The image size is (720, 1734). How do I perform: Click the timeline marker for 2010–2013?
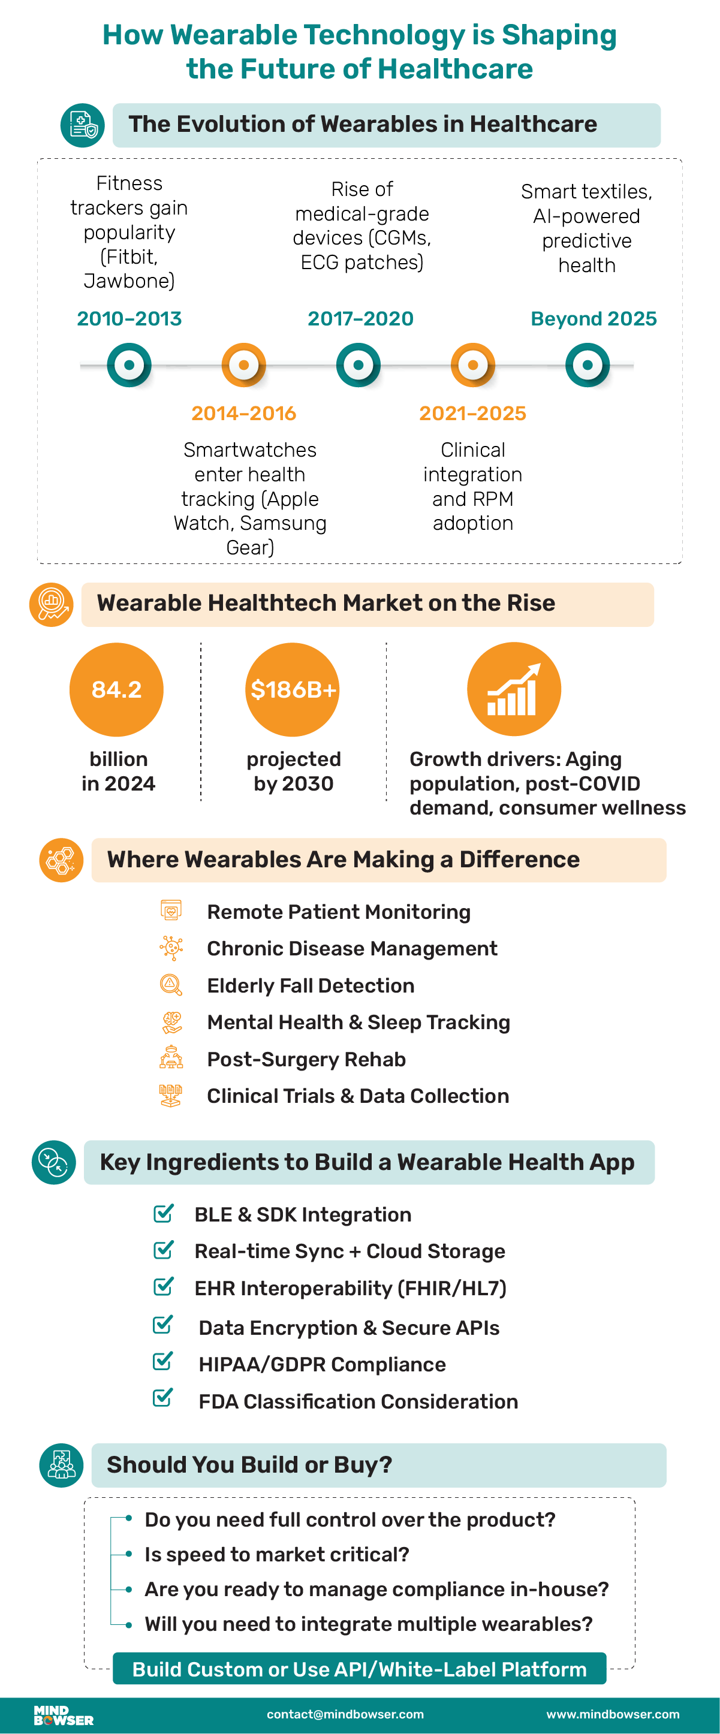[x=129, y=365]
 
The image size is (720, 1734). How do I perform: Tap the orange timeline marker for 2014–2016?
[x=244, y=365]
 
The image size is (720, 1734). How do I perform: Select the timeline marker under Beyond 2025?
[x=588, y=365]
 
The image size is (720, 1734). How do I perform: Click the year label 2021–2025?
[x=472, y=414]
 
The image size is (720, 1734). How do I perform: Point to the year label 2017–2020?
[x=360, y=318]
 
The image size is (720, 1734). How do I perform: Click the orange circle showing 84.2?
[x=116, y=689]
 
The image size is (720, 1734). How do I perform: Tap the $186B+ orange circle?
[x=293, y=689]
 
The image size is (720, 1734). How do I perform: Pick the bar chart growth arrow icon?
[x=514, y=689]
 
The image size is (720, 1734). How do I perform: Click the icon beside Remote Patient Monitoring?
[x=171, y=910]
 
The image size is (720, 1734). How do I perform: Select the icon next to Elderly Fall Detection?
[x=171, y=985]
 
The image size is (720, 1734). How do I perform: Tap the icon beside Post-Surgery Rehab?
[x=171, y=1058]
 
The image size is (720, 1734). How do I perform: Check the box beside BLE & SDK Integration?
[x=163, y=1213]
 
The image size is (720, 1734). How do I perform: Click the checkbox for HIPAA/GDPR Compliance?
[x=162, y=1361]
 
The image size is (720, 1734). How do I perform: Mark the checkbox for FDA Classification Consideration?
[x=162, y=1398]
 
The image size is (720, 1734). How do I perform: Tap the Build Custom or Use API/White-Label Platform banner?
[x=359, y=1669]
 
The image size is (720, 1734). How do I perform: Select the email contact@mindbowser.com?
[x=345, y=1714]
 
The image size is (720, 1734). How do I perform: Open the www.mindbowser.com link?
[x=612, y=1714]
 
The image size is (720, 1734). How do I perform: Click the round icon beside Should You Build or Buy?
[x=61, y=1465]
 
